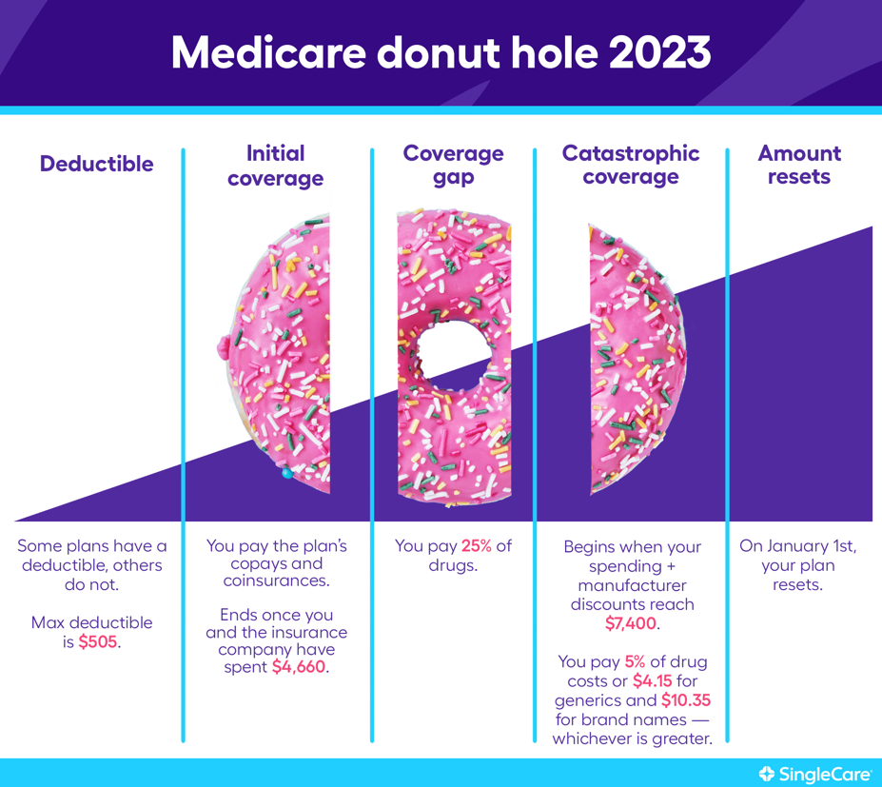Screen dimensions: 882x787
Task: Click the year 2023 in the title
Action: [659, 52]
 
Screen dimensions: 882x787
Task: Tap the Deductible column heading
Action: [96, 164]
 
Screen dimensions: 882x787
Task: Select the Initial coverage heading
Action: [275, 166]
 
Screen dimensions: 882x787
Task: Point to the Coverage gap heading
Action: [454, 165]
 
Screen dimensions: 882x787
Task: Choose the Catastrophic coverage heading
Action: [631, 165]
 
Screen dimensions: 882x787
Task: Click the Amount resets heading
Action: [799, 165]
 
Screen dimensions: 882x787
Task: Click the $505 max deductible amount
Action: [98, 641]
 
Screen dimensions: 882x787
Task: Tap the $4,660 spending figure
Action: [299, 666]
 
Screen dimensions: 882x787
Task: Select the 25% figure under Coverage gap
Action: [477, 545]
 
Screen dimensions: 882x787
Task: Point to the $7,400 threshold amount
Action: [631, 623]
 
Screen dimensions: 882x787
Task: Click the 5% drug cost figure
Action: [635, 661]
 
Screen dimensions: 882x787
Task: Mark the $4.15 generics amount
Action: [653, 680]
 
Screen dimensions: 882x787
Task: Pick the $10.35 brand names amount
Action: [686, 699]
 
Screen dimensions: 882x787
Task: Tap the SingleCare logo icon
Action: [767, 774]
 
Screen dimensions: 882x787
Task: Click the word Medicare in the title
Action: [269, 52]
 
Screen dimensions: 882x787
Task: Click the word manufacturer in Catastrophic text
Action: [632, 585]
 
